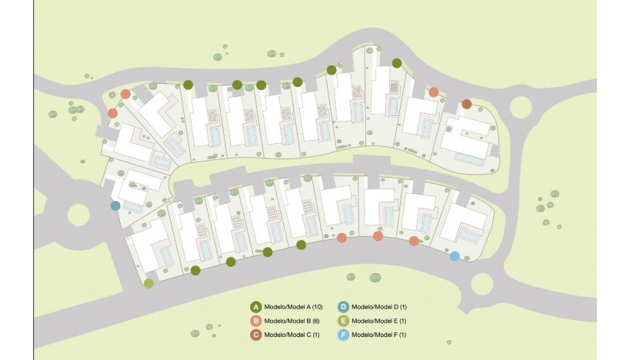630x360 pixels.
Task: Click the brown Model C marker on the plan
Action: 466,104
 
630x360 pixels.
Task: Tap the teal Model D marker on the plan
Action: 115,205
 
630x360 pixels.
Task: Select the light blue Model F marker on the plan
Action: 455,256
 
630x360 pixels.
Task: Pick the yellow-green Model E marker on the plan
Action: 148,283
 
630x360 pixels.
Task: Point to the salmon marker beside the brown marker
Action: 433,92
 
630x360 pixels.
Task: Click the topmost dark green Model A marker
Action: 397,63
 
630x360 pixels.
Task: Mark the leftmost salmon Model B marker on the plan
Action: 112,113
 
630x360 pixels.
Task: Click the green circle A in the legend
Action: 256,306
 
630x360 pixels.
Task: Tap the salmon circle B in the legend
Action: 256,320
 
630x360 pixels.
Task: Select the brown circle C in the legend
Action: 256,335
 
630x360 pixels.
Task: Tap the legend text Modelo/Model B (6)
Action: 289,320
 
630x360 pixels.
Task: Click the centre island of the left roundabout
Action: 78,214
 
